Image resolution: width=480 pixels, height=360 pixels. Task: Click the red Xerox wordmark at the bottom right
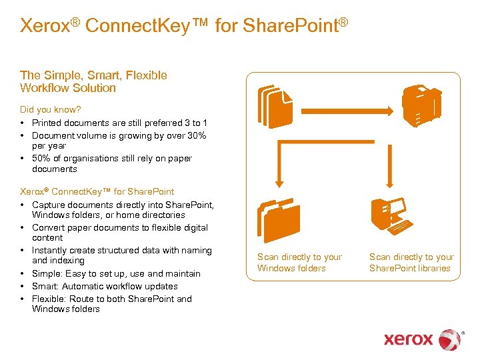click(x=408, y=339)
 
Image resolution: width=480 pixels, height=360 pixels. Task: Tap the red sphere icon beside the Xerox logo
click(x=450, y=339)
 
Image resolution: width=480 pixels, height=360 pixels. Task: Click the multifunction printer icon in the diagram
click(x=421, y=105)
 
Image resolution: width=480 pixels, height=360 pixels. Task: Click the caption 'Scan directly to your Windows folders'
click(x=300, y=263)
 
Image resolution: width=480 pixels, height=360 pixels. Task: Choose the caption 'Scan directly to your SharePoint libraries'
click(x=411, y=263)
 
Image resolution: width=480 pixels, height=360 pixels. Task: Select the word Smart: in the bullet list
click(x=47, y=286)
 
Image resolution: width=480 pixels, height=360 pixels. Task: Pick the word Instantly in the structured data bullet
click(x=51, y=250)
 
